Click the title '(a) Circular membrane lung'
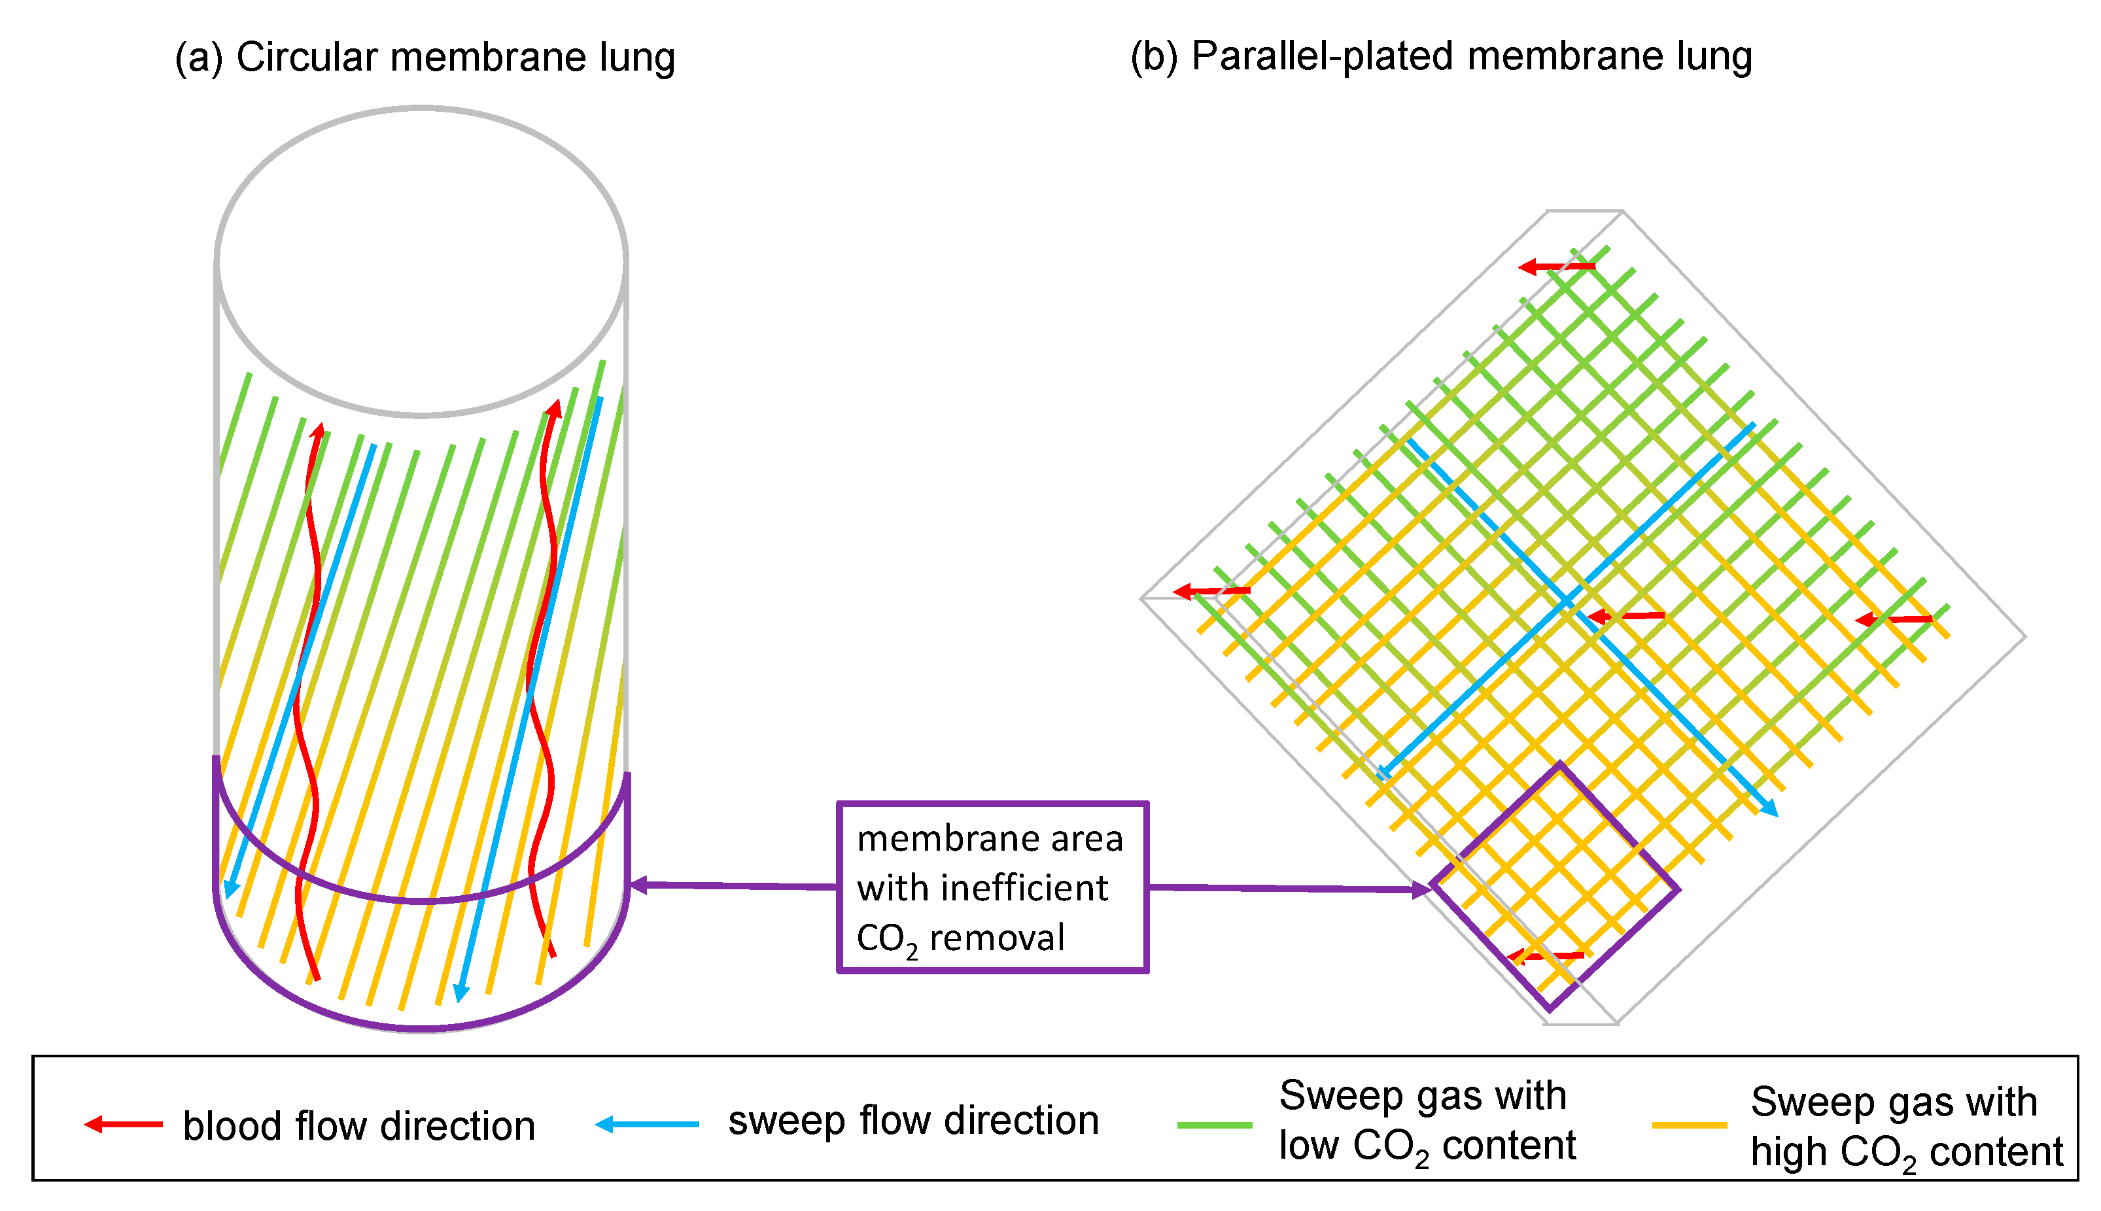[x=425, y=58]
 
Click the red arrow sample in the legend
[x=123, y=1125]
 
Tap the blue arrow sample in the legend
[x=647, y=1125]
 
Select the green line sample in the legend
[x=1215, y=1125]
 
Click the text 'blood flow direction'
[x=358, y=1126]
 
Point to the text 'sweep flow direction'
[x=912, y=1120]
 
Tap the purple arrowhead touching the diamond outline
[x=1421, y=890]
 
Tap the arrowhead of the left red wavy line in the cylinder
[x=317, y=430]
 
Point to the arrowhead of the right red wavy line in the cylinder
[x=554, y=407]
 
